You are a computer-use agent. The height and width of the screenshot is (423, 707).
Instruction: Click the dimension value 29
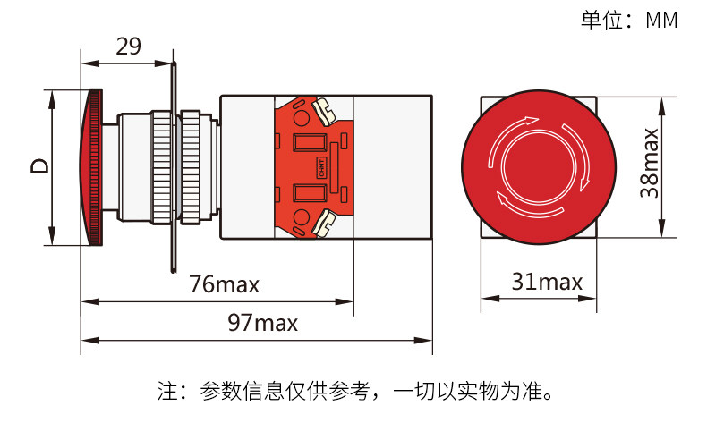click(x=128, y=47)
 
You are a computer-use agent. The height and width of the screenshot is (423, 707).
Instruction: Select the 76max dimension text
click(x=224, y=285)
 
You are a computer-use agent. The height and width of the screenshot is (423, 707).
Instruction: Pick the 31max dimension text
click(x=547, y=283)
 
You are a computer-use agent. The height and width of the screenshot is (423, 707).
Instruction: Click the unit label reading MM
click(x=661, y=21)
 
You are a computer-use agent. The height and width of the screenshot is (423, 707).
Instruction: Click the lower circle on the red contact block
click(x=301, y=216)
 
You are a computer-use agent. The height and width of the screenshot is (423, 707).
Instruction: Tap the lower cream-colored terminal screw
click(x=323, y=222)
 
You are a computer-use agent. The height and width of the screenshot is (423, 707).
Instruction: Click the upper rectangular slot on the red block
click(x=309, y=143)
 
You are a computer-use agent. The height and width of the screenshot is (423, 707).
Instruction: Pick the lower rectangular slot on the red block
click(x=309, y=191)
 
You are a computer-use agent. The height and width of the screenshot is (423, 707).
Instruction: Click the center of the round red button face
click(x=540, y=166)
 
